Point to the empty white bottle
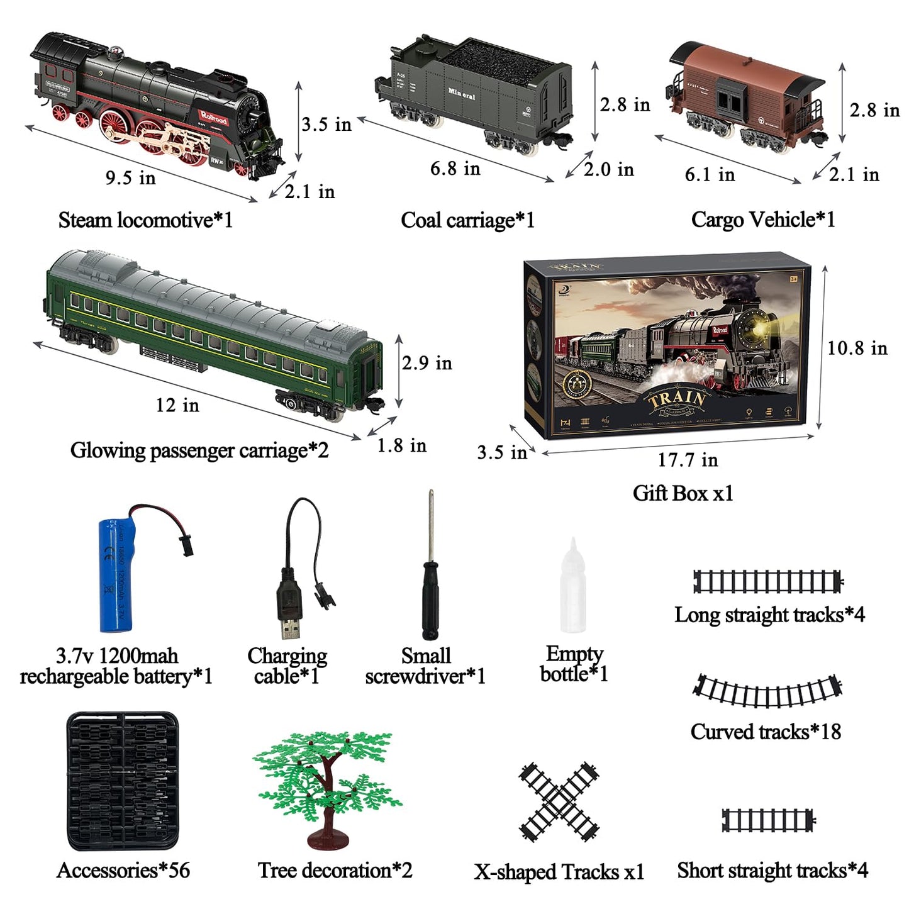(573, 591)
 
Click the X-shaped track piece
(559, 801)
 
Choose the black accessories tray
(123, 781)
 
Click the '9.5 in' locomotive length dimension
(130, 178)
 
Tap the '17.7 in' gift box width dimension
(688, 460)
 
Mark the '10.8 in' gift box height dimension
(857, 348)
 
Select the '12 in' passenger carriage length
(177, 405)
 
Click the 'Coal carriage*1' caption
(467, 220)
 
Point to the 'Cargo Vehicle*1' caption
(763, 220)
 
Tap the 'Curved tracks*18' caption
(766, 732)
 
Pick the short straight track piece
(768, 820)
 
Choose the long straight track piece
(767, 581)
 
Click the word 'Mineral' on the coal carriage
(462, 94)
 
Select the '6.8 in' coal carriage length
(455, 169)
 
